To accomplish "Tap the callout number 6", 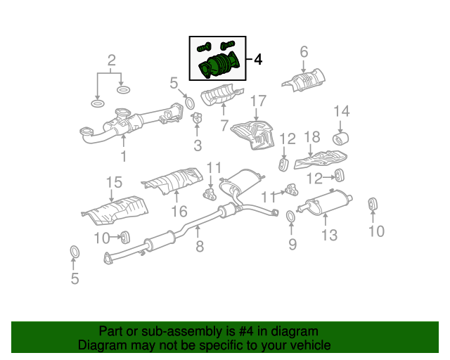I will [304, 51].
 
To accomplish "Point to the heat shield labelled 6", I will [304, 79].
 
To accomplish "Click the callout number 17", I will [258, 101].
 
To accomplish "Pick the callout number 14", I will [341, 111].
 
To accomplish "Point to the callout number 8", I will [200, 247].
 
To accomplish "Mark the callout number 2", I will [110, 60].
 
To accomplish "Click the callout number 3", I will [198, 146].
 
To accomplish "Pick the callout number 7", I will [224, 127].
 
